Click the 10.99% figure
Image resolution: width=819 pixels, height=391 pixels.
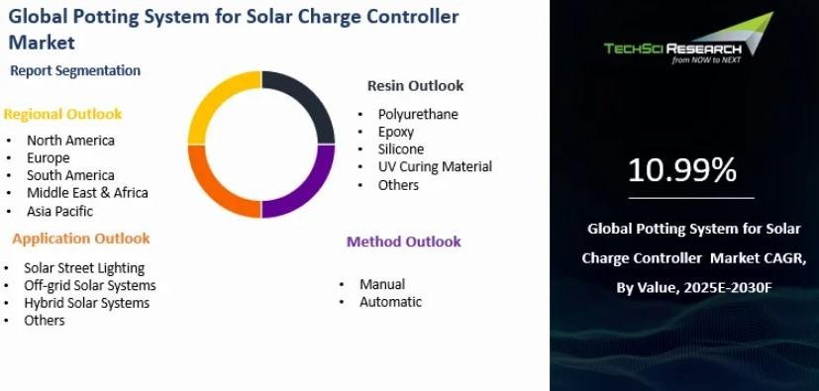[682, 170]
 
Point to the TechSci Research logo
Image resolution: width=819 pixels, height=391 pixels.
[688, 38]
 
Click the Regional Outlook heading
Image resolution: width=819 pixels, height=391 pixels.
[62, 114]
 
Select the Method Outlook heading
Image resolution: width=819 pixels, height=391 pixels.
[404, 242]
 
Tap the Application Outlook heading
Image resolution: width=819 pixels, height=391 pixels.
[81, 239]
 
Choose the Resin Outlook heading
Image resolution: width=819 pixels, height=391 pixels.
[415, 85]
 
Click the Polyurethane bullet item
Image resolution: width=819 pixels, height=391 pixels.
[418, 114]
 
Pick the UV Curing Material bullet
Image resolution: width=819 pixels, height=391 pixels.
[435, 167]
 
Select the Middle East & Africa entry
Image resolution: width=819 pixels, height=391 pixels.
[87, 193]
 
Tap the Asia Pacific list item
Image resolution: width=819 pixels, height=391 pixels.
[59, 212]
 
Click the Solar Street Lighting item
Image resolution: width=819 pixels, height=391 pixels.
[84, 268]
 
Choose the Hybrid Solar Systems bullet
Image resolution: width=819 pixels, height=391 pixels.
[87, 303]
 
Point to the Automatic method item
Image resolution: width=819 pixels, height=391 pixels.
[390, 302]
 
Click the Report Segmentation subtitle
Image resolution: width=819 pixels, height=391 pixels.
[75, 70]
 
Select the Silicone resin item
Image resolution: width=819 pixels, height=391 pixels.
[401, 149]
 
